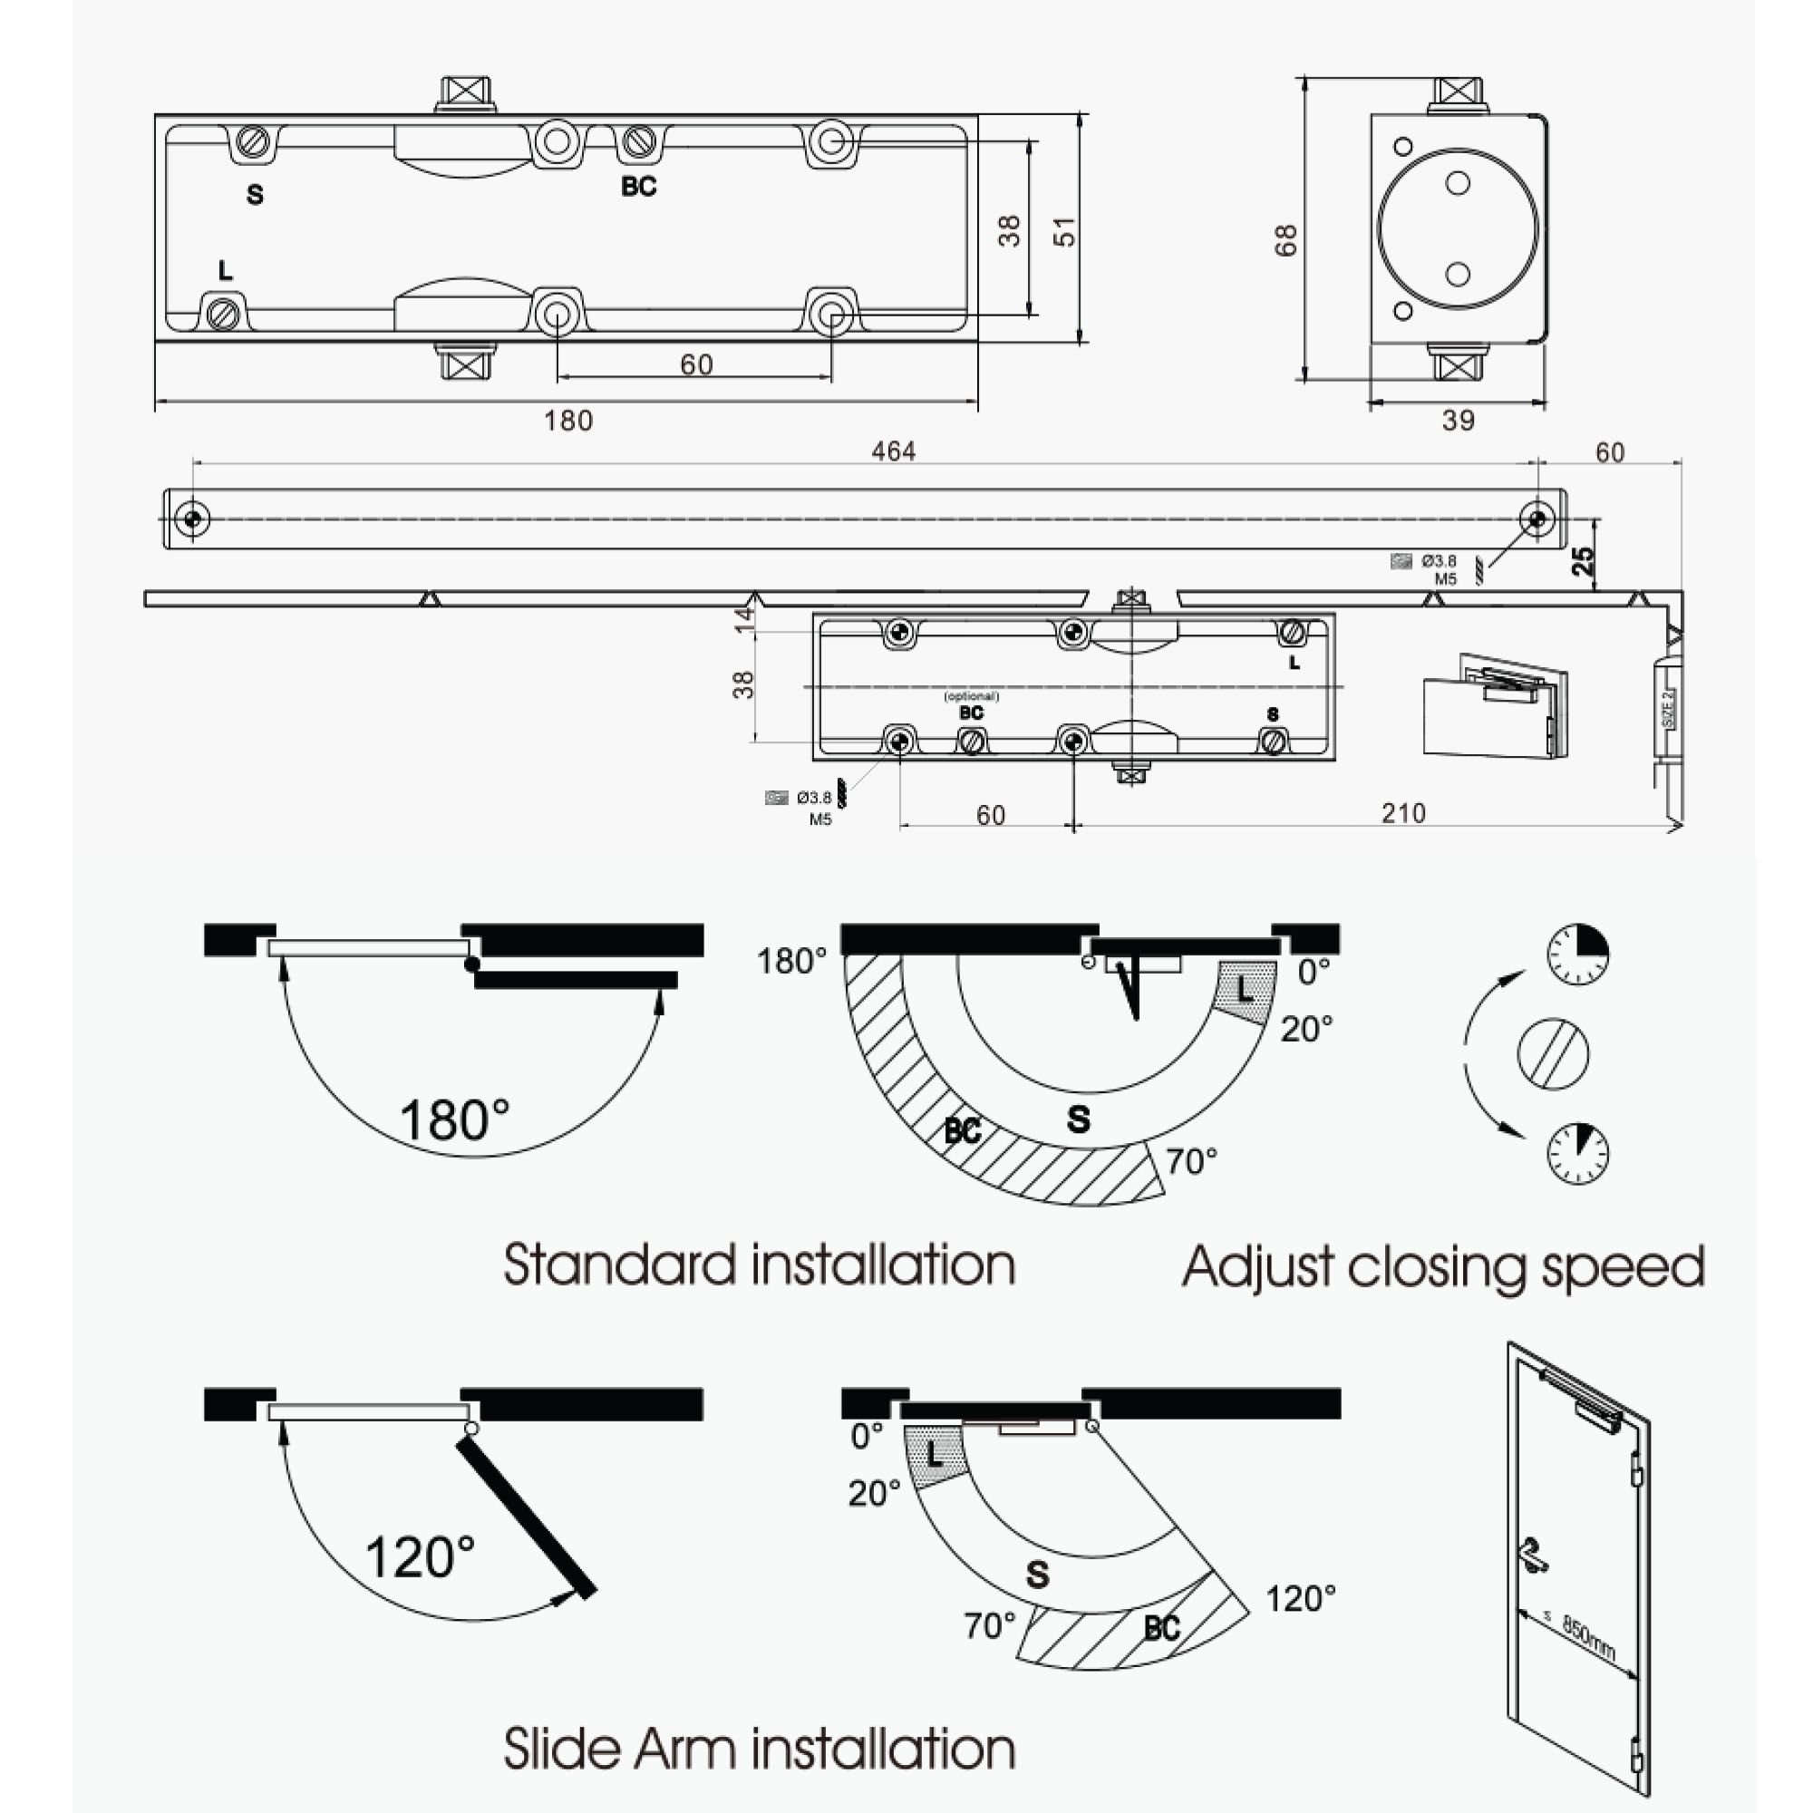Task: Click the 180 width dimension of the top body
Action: tap(567, 421)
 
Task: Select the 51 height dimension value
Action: tap(1064, 231)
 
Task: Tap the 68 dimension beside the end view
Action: tap(1285, 239)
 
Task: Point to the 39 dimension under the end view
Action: tap(1458, 421)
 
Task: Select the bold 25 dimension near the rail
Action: tap(1583, 560)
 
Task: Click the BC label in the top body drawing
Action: tap(638, 187)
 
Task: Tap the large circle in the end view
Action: tap(1458, 228)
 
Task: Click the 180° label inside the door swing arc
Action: tap(454, 1120)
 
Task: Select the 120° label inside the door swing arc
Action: tap(420, 1556)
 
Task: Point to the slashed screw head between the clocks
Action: tap(1552, 1054)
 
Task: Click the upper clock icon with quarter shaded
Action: tap(1577, 954)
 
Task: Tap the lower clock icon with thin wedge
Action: tap(1577, 1152)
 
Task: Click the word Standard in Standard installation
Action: tap(618, 1264)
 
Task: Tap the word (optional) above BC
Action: tap(971, 696)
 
